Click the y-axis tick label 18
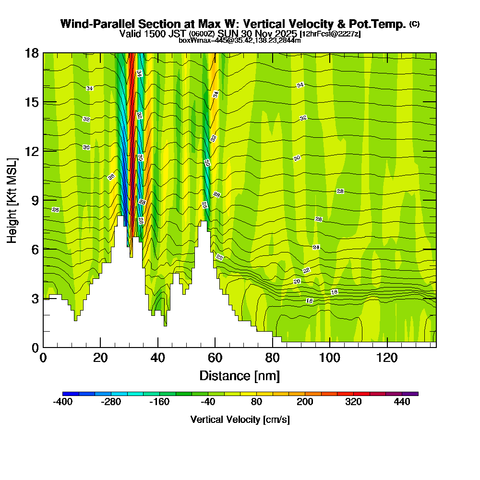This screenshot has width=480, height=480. pos(32,53)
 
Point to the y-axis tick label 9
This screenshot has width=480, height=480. pos(35,200)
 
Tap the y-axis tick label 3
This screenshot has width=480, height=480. pos(35,299)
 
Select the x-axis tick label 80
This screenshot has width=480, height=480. pos(272,358)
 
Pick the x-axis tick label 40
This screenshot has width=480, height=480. pos(158,358)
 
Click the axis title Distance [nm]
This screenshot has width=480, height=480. pos(240,375)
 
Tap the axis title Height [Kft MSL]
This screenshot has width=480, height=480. pos(12,200)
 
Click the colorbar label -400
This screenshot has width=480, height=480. pos(62,402)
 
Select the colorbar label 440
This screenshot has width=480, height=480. pos(402,402)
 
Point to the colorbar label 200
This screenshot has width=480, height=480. pos(305,402)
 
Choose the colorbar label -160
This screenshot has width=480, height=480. pos(159,402)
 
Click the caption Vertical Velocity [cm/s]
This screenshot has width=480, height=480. pos(240,420)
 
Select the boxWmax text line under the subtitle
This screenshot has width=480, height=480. pos(240,40)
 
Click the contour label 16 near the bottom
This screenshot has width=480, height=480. pos(310,301)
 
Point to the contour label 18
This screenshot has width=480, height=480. pos(335,292)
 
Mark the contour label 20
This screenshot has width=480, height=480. pos(297,281)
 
